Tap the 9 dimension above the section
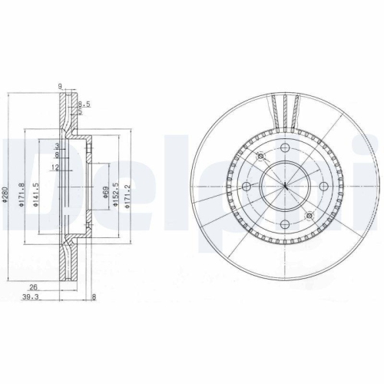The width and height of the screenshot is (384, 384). [x=60, y=87]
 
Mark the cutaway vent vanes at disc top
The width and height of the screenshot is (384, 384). [x=285, y=108]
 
